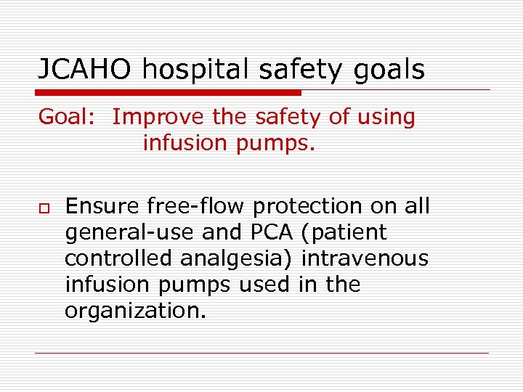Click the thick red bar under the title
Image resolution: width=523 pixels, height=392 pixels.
click(169, 93)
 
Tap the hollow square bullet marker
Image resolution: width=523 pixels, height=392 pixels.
click(43, 208)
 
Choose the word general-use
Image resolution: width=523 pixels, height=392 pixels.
click(119, 234)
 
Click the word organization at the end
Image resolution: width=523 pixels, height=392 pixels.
click(134, 311)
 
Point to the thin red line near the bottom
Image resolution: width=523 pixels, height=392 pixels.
click(261, 354)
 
